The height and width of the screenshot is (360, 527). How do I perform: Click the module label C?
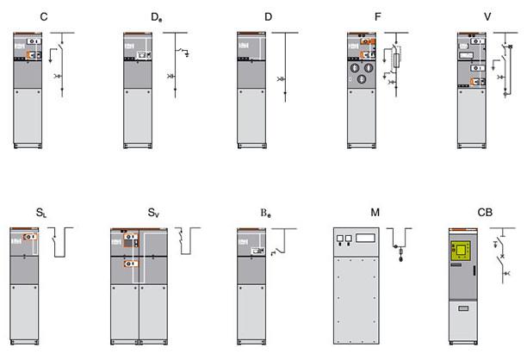(44, 16)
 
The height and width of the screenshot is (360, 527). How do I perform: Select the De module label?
(156, 17)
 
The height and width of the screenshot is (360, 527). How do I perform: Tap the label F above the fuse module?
(377, 16)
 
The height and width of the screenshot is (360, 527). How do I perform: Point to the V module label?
(487, 16)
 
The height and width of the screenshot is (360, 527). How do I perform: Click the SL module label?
(41, 213)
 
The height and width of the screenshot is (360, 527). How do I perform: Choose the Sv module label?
(153, 213)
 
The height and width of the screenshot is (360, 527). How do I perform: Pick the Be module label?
(265, 213)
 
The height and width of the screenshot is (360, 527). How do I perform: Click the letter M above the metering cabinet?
(375, 213)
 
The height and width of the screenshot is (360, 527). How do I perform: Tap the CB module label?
(485, 213)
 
